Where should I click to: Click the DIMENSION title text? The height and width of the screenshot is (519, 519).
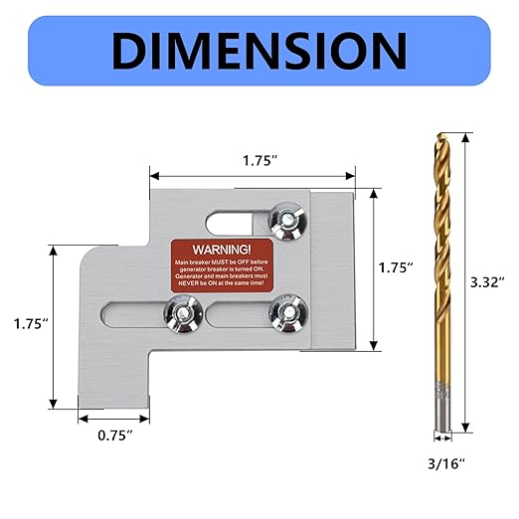(x=259, y=49)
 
